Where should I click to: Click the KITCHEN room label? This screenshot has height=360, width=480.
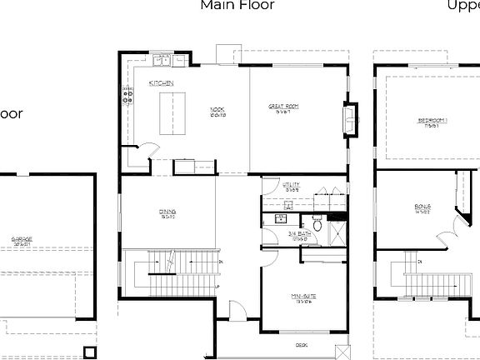point(161,83)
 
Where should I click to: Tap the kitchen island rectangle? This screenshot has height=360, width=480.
point(173,113)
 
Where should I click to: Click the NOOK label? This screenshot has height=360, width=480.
point(217,108)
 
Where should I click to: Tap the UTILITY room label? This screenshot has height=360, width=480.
point(291,185)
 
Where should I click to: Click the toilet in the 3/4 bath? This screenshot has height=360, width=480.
point(317,223)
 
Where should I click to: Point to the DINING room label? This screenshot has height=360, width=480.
point(167,212)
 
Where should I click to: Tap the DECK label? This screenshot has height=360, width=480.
point(301,344)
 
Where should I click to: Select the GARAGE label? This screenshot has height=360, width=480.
point(22,240)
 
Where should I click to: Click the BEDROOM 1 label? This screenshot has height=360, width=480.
point(432,121)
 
